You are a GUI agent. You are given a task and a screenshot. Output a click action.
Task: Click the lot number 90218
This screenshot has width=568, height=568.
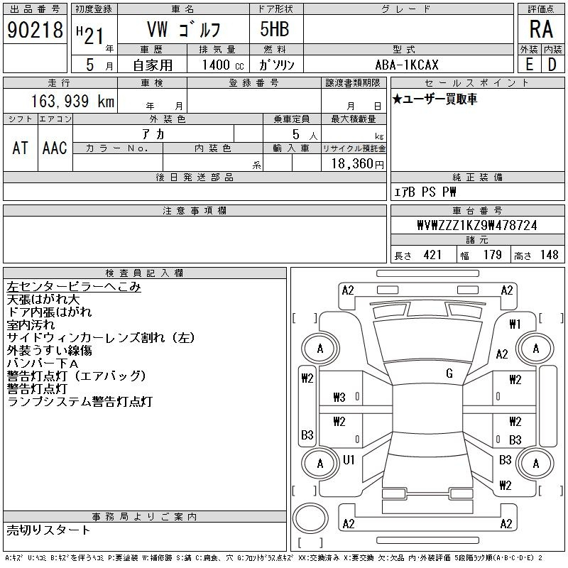[35, 30]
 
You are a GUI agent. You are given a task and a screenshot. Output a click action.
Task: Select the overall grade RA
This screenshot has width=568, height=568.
[541, 29]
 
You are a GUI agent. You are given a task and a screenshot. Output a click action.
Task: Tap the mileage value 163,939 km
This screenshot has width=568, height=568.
[72, 101]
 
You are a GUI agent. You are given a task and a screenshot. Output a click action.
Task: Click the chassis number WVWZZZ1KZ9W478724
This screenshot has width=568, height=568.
[477, 225]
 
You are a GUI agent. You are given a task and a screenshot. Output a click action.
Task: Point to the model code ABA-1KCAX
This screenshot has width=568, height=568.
[407, 65]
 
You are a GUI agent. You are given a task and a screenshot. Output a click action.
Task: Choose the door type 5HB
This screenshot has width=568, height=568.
[275, 29]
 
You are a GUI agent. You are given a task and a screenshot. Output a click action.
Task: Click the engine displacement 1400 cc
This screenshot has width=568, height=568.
[223, 65]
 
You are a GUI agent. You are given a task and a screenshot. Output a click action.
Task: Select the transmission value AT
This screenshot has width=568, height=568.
[21, 148]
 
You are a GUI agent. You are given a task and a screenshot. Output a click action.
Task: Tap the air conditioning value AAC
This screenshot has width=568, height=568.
[55, 148]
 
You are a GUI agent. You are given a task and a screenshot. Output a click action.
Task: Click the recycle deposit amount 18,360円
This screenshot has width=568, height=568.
[358, 164]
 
